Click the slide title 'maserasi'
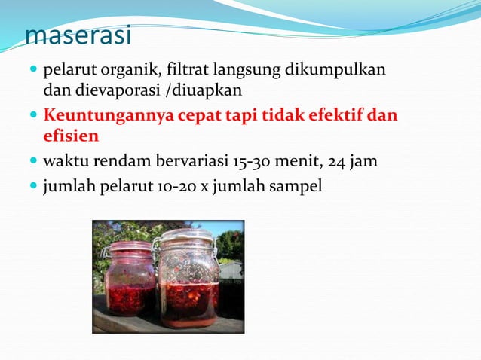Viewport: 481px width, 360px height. pos(78,35)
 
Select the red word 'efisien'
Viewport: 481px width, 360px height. pos(71,136)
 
